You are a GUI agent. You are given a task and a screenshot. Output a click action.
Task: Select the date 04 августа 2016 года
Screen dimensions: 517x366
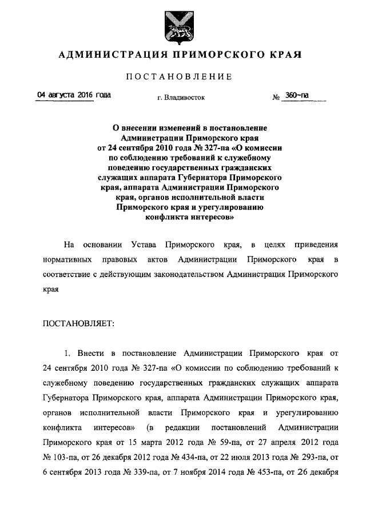click(x=74, y=95)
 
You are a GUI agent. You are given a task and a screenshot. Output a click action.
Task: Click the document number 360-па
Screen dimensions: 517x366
click(x=298, y=95)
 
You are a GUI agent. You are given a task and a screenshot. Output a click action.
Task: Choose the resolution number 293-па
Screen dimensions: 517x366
click(x=308, y=457)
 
